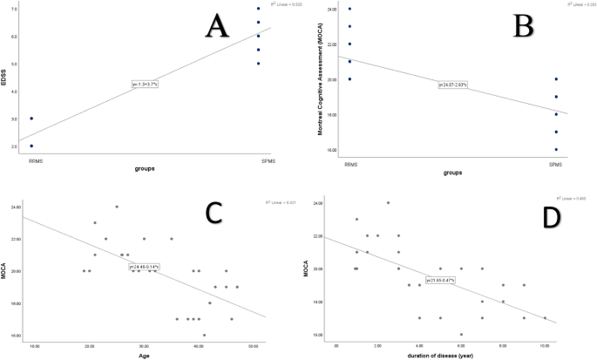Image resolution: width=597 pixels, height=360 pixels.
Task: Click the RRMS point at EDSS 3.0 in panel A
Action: pos(31,119)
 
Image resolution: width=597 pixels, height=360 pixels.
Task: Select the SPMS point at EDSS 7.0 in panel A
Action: pos(257,9)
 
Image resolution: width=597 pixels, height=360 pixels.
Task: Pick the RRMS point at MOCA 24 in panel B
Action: pos(324,9)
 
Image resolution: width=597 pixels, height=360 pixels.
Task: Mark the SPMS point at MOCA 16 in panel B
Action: pos(556,150)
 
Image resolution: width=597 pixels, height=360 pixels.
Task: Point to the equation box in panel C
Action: pos(145,266)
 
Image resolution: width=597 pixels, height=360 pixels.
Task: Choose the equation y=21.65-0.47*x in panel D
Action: pos(443,280)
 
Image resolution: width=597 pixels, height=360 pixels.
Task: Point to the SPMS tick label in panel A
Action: pos(257,161)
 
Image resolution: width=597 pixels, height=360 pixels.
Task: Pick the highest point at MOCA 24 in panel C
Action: pos(117,207)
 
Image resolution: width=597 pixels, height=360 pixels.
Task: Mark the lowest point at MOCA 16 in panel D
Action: pos(461,334)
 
